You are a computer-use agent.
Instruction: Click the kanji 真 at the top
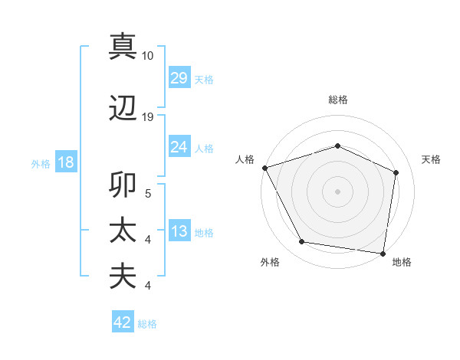pos(123,47)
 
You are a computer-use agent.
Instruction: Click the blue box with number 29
pos(179,78)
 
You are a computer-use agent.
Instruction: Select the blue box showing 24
pos(179,146)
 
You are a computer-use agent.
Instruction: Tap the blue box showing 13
pos(179,231)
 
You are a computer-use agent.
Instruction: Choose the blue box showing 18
pos(65,163)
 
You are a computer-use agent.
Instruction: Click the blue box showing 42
pos(123,322)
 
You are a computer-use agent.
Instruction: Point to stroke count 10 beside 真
pos(148,56)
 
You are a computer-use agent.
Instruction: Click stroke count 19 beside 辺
pos(148,116)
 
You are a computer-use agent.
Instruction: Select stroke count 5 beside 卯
pos(148,195)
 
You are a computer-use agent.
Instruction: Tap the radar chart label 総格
pos(337,100)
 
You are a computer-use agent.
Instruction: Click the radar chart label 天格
pos(431,159)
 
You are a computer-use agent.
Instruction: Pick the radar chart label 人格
pos(245,159)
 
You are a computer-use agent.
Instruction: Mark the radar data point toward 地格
pos(383,253)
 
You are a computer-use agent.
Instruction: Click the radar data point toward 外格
pos(302,242)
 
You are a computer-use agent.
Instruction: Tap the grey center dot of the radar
pos(337,191)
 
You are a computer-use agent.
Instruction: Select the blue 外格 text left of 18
pos(40,164)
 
